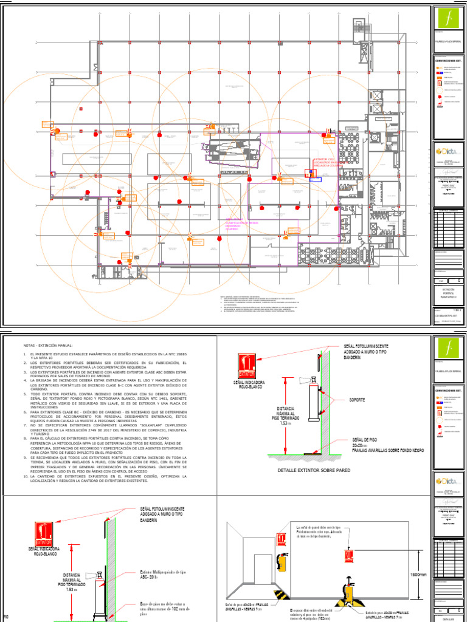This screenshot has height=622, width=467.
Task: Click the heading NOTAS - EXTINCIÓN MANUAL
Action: (x=47, y=345)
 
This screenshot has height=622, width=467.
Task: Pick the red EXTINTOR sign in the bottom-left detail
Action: (x=44, y=538)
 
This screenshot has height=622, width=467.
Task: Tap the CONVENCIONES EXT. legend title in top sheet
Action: (x=449, y=61)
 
